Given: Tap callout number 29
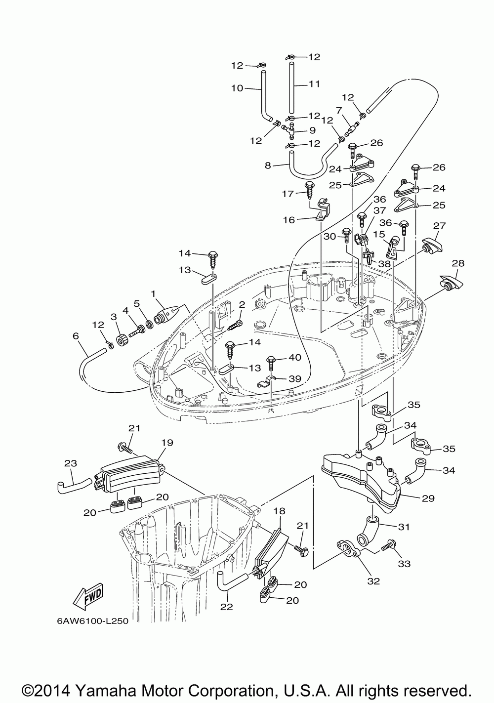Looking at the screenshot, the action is pyautogui.click(x=428, y=498).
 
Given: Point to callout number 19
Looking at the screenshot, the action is pyautogui.click(x=167, y=443).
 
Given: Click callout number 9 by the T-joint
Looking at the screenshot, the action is pyautogui.click(x=312, y=130).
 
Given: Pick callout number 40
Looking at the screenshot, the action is pyautogui.click(x=295, y=358).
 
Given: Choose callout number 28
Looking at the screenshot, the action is pyautogui.click(x=458, y=263).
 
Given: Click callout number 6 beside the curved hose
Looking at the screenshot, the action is pyautogui.click(x=76, y=336).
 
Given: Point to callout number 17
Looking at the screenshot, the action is pyautogui.click(x=288, y=194).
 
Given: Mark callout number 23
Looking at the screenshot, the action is pyautogui.click(x=71, y=463).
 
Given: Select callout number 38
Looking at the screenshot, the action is pyautogui.click(x=384, y=264).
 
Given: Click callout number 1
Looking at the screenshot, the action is pyautogui.click(x=153, y=294).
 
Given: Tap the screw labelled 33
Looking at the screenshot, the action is pyautogui.click(x=389, y=546).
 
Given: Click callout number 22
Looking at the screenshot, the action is pyautogui.click(x=226, y=607).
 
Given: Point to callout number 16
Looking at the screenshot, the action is pyautogui.click(x=288, y=220).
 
